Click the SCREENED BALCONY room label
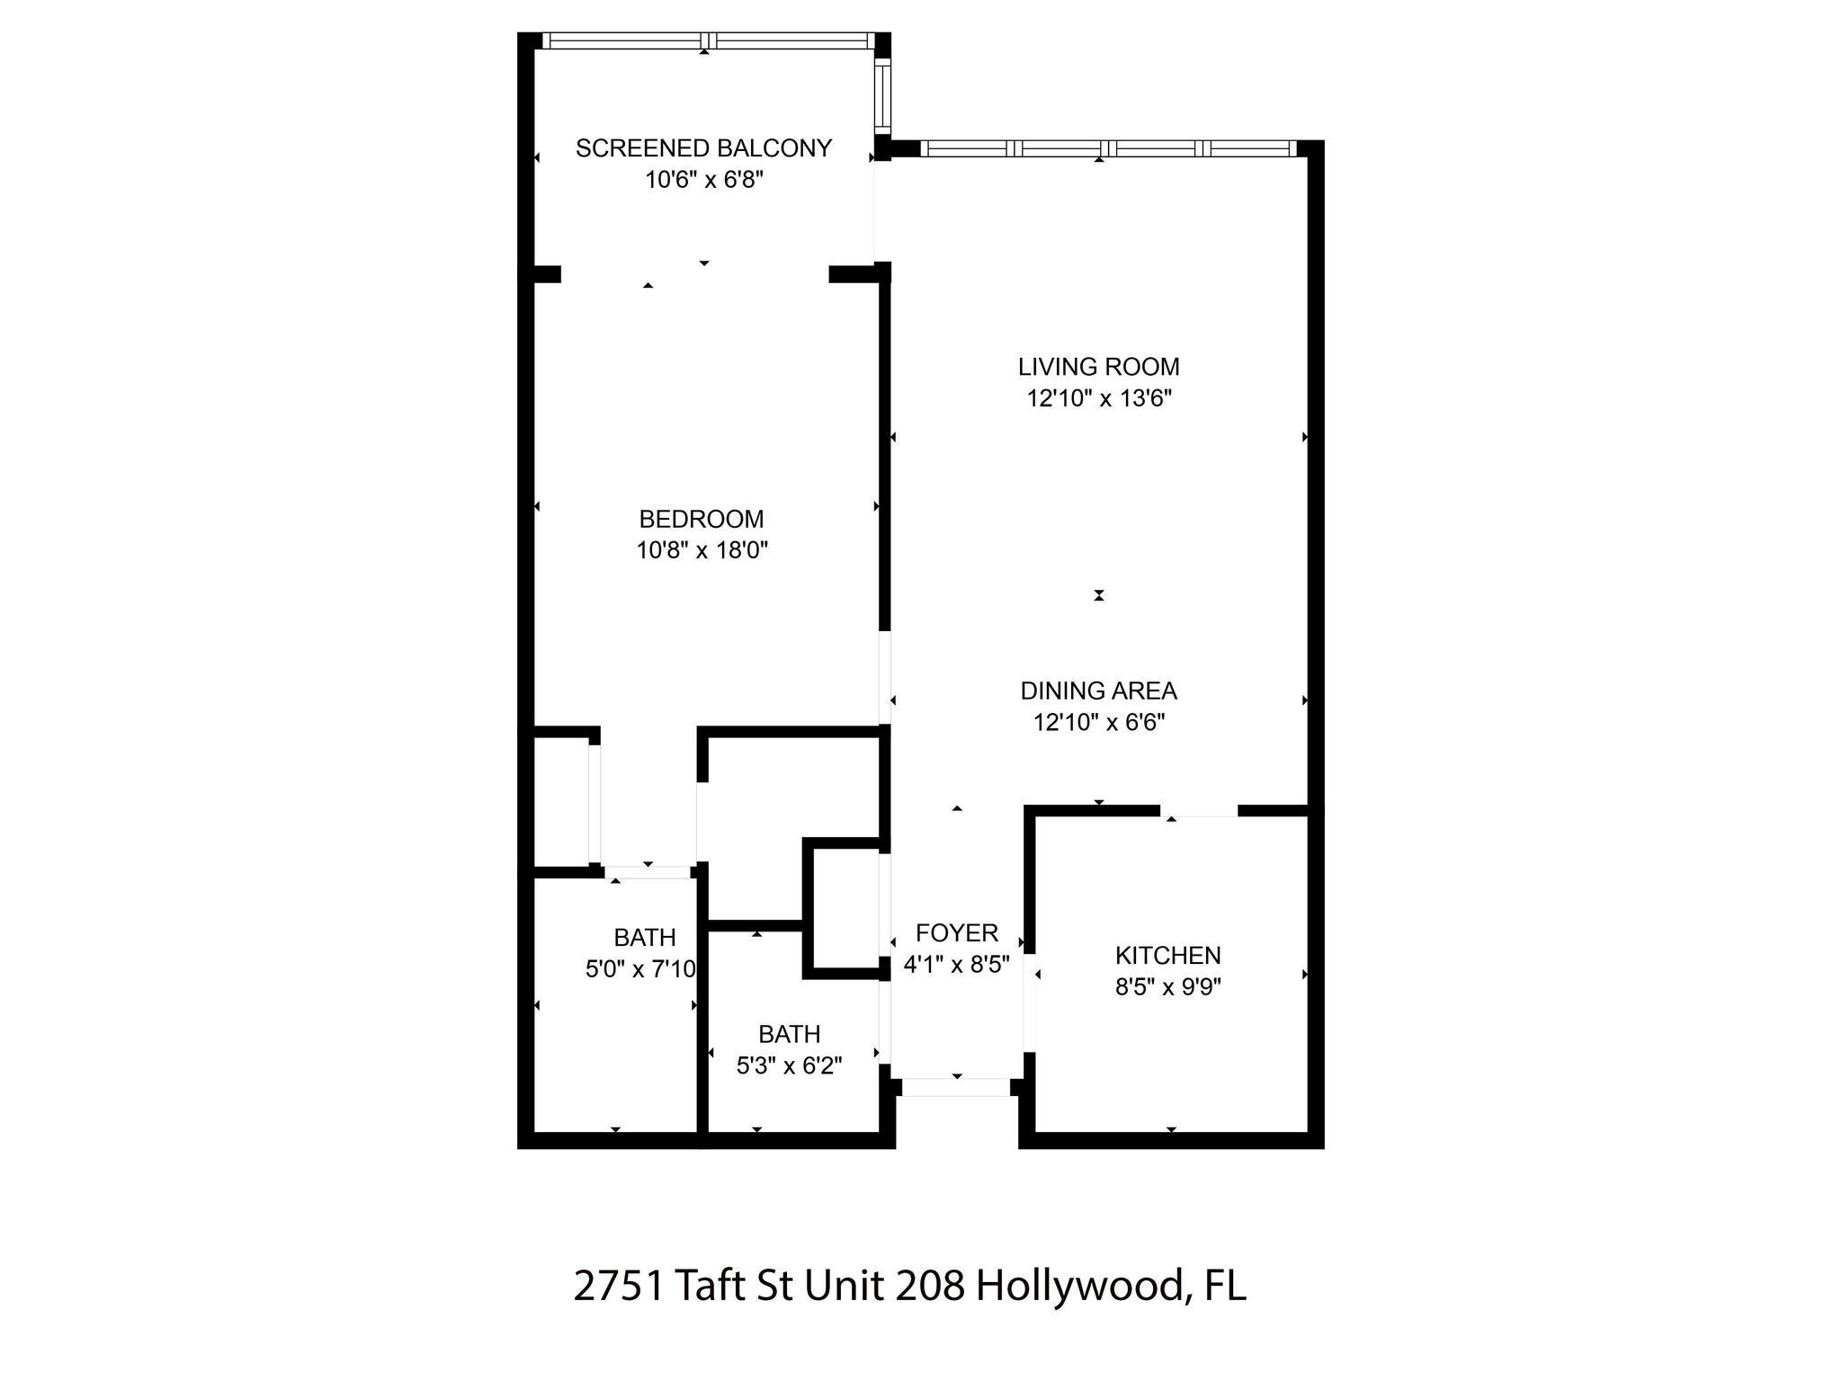pos(703,148)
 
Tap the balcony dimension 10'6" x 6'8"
pos(704,180)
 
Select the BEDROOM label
pos(702,519)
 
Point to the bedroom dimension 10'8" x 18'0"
pos(702,549)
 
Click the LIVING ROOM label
pos(1099,367)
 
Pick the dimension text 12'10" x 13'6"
pos(1099,398)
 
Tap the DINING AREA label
pos(1098,690)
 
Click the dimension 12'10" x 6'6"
pos(1099,722)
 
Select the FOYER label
pos(957,932)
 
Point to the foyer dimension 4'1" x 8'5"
pos(957,964)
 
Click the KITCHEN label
pos(1168,955)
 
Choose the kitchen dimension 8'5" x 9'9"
pos(1168,987)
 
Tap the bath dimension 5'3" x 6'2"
pos(790,1065)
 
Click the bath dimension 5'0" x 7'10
pos(641,968)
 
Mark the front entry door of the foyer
pos(957,1087)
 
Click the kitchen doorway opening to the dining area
pos(1199,811)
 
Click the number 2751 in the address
pos(620,1286)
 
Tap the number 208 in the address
pos(931,1286)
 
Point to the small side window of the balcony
pos(882,95)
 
